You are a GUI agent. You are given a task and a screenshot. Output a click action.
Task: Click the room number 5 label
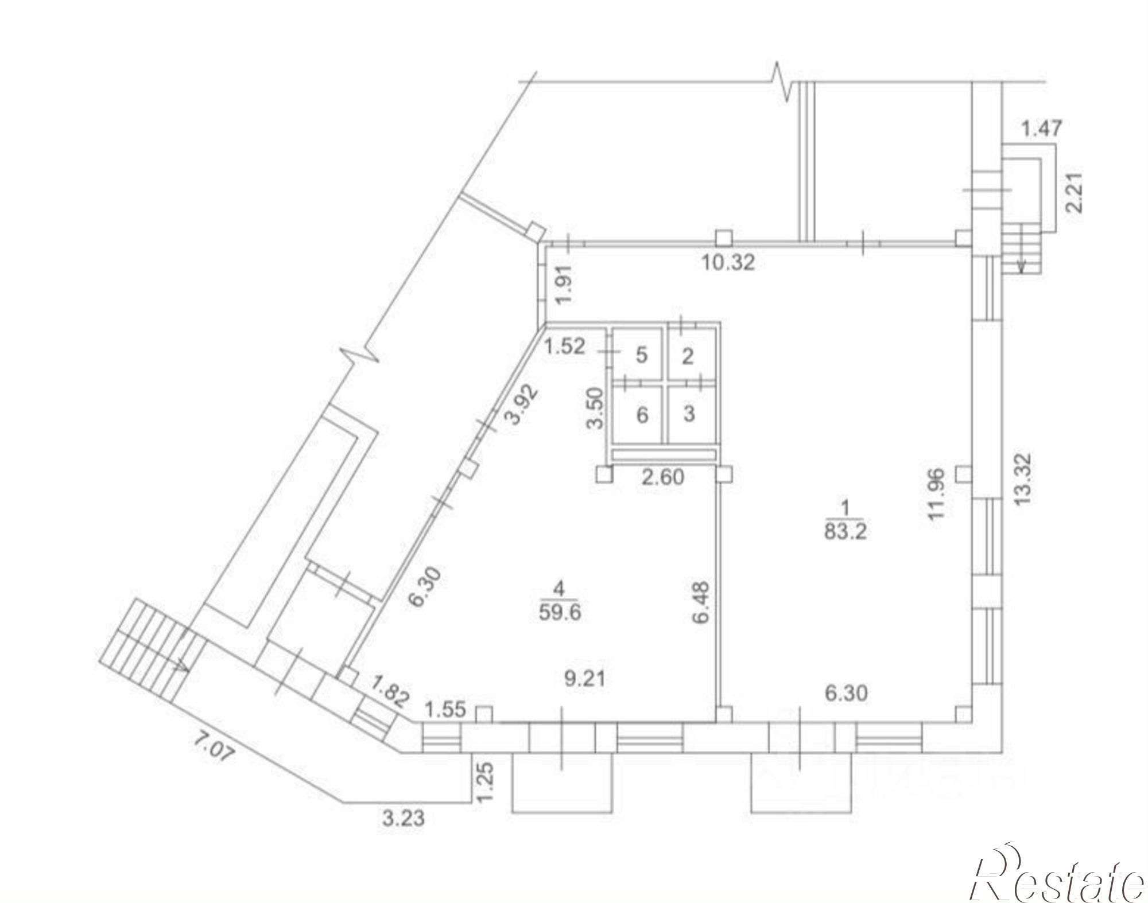coord(642,355)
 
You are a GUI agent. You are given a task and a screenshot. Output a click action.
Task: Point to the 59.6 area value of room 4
coord(560,612)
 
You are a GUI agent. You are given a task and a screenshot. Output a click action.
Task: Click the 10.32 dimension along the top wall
coord(728,263)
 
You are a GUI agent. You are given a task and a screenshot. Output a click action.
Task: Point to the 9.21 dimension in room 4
coord(584,679)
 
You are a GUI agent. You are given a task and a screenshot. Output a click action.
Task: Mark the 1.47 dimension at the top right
coord(1041,128)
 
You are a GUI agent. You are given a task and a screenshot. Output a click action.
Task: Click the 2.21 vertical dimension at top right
coord(1073,193)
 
